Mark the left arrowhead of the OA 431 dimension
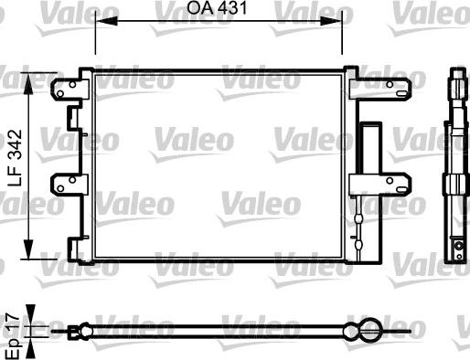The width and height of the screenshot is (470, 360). pyautogui.click(x=100, y=26)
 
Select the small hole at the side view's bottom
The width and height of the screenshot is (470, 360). pyautogui.click(x=455, y=246)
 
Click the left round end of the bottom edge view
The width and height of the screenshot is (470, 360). pyautogui.click(x=84, y=331)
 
